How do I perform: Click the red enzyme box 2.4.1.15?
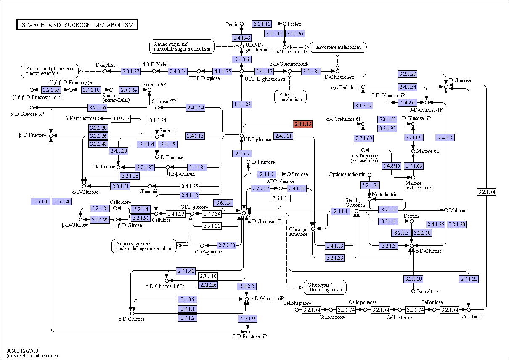tap(303, 124)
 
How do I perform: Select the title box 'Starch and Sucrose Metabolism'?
tap(77, 24)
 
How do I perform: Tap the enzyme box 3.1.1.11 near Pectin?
tap(262, 24)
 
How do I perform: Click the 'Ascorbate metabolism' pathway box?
tap(338, 47)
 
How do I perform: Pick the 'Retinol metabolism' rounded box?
tap(290, 97)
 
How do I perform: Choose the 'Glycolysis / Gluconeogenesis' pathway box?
tap(325, 287)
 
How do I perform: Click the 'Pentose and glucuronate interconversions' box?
tap(50, 71)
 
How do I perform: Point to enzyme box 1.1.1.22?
tap(242, 104)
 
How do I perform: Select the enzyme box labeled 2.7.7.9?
tap(242, 154)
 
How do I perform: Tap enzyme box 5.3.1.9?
tap(248, 319)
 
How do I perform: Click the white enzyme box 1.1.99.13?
tap(121, 118)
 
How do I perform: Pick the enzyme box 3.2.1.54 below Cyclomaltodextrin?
tap(370, 185)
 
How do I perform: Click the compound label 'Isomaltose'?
tap(428, 291)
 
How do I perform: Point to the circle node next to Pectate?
tap(284, 24)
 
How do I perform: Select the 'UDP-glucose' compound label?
tap(257, 139)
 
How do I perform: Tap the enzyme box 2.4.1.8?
tap(445, 138)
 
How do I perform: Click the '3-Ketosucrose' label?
tap(80, 118)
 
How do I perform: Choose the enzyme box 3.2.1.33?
tap(334, 258)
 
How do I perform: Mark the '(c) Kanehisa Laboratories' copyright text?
tap(32, 356)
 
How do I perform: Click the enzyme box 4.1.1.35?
tap(223, 72)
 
